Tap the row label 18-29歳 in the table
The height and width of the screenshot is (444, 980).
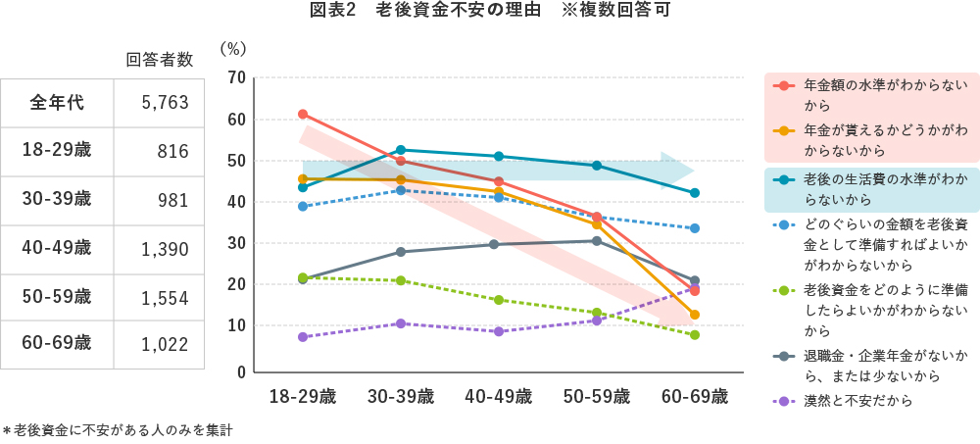pyautogui.click(x=57, y=150)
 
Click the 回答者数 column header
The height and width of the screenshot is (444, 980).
pyautogui.click(x=160, y=60)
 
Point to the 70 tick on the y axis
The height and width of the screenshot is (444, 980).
pyautogui.click(x=235, y=77)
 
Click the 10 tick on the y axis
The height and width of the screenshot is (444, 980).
pyautogui.click(x=235, y=326)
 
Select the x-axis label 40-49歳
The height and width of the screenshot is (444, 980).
pyautogui.click(x=498, y=397)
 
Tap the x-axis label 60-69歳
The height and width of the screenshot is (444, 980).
pyautogui.click(x=694, y=397)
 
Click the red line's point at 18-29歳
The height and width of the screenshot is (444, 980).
pyautogui.click(x=303, y=115)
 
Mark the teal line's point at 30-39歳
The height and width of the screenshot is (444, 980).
pyautogui.click(x=401, y=150)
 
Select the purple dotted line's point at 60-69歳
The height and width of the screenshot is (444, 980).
pyautogui.click(x=694, y=289)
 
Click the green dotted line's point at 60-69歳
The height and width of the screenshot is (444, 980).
pyautogui.click(x=694, y=335)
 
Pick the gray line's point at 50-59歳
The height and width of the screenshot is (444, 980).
pyautogui.click(x=596, y=241)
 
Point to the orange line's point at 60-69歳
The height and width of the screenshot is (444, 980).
pyautogui.click(x=694, y=315)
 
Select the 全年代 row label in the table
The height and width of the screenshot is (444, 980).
pyautogui.click(x=57, y=102)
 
